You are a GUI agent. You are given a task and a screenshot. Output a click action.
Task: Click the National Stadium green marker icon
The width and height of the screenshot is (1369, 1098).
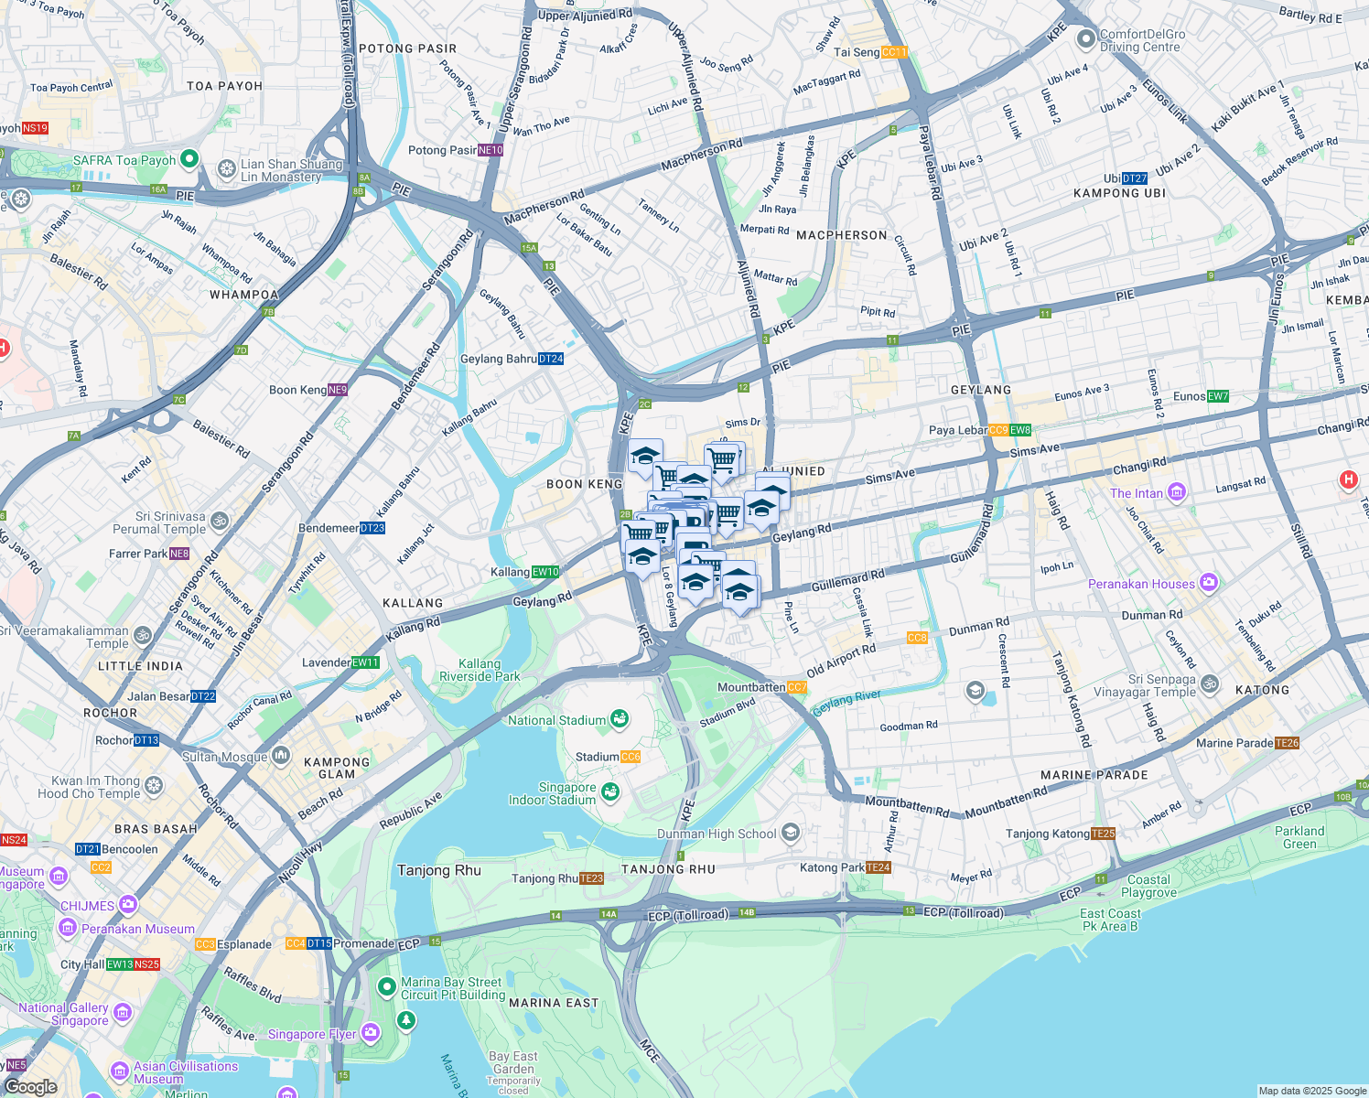pyautogui.click(x=620, y=719)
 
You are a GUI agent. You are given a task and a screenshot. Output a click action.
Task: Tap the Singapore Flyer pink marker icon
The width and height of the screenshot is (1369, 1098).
pyautogui.click(x=370, y=1033)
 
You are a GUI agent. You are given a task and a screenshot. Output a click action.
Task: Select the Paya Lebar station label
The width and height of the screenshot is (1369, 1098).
pyautogui.click(x=957, y=430)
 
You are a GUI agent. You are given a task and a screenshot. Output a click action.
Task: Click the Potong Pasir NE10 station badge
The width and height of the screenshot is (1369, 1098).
pyautogui.click(x=490, y=150)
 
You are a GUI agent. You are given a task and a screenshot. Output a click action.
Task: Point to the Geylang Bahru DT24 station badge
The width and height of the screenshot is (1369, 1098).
pyautogui.click(x=551, y=359)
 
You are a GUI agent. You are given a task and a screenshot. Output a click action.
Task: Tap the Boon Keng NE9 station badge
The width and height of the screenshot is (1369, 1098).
pyautogui.click(x=338, y=390)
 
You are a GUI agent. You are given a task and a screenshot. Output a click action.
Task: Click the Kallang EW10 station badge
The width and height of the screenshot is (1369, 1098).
pyautogui.click(x=545, y=572)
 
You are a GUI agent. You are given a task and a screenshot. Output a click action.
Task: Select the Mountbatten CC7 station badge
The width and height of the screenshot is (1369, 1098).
pyautogui.click(x=796, y=687)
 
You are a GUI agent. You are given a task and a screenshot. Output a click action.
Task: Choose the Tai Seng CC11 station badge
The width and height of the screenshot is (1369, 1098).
pyautogui.click(x=894, y=52)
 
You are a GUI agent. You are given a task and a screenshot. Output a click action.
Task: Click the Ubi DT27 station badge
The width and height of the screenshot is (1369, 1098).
pyautogui.click(x=1135, y=178)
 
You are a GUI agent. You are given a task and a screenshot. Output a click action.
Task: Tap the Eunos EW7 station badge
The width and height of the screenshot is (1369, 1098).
pyautogui.click(x=1218, y=396)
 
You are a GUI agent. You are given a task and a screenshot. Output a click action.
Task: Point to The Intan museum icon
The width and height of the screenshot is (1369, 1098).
pyautogui.click(x=1176, y=493)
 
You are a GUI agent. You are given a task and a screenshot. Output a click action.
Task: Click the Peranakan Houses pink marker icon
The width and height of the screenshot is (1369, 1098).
pyautogui.click(x=1209, y=583)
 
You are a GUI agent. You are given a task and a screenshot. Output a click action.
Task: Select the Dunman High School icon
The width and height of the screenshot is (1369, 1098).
pyautogui.click(x=791, y=833)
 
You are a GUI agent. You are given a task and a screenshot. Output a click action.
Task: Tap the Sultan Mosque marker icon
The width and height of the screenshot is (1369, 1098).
pyautogui.click(x=281, y=756)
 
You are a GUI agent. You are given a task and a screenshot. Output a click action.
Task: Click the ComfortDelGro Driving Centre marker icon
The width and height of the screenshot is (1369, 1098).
pyautogui.click(x=1086, y=38)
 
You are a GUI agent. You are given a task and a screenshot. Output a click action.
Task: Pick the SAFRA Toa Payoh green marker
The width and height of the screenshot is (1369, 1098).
pyautogui.click(x=189, y=159)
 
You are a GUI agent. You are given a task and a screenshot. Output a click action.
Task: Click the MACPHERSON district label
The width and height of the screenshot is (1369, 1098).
pyautogui.click(x=841, y=235)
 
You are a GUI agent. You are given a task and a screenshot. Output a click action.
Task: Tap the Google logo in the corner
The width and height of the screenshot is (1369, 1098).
pyautogui.click(x=30, y=1086)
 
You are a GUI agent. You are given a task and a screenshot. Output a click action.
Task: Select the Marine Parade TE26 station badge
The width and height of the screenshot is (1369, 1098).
pyautogui.click(x=1288, y=743)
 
